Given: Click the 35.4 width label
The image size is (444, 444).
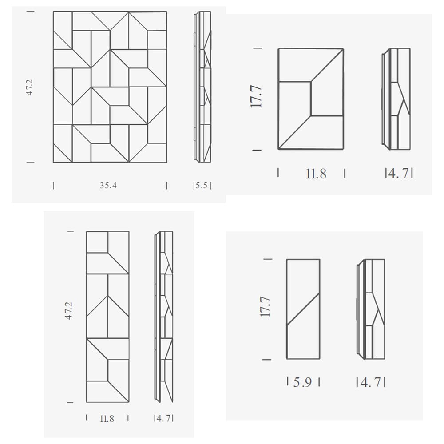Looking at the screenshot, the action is (108, 186).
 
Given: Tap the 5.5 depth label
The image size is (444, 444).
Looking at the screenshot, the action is (202, 186).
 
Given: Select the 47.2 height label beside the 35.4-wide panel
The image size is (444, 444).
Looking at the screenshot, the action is (29, 87).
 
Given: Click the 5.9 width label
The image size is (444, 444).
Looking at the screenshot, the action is (302, 382).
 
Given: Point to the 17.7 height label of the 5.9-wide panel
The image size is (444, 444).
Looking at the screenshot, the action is (266, 307).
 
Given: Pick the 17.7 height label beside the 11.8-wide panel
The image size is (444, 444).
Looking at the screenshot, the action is (256, 97).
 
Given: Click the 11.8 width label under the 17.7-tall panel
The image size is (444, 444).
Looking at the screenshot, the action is (316, 174).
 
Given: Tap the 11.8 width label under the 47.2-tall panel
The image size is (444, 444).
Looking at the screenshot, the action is (107, 419).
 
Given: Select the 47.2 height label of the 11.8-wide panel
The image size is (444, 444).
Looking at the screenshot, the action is (69, 311).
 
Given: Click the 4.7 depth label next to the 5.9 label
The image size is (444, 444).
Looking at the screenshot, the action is (371, 382).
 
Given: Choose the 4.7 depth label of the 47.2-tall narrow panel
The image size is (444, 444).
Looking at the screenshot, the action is (164, 418).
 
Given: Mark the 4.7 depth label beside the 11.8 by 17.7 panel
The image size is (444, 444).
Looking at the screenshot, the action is (399, 173).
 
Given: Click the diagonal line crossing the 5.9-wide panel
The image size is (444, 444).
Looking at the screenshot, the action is (303, 309).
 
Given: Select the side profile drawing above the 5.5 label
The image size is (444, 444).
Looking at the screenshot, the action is (202, 87).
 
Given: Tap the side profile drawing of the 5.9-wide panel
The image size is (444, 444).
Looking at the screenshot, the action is (371, 309).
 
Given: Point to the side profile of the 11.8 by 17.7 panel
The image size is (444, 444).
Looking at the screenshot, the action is (396, 99).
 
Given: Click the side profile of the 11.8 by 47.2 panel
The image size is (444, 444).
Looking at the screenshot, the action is (164, 317).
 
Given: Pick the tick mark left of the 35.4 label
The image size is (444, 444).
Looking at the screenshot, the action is (54, 186).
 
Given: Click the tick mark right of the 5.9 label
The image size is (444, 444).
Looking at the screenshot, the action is (319, 382).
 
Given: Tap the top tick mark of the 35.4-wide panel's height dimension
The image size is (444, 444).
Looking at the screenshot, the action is (30, 12).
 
